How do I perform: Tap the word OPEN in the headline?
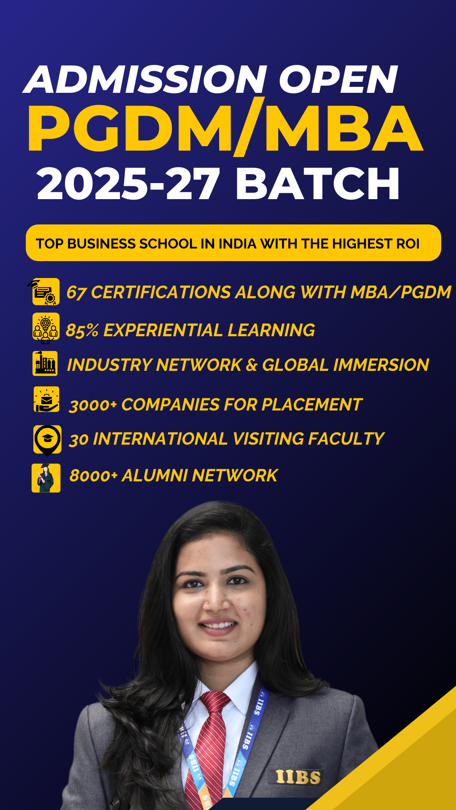(338, 80)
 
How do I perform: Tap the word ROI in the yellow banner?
(407, 244)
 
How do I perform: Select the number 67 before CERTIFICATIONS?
(76, 293)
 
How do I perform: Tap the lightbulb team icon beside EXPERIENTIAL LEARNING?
(46, 328)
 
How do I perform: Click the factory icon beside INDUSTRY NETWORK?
(45, 363)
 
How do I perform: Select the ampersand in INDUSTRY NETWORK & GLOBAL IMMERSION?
(251, 365)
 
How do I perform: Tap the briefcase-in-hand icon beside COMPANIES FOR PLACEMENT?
(46, 399)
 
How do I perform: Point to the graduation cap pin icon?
(47, 440)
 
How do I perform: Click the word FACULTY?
(346, 439)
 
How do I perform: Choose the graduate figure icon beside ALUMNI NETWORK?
(46, 478)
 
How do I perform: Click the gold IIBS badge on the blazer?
(298, 777)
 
